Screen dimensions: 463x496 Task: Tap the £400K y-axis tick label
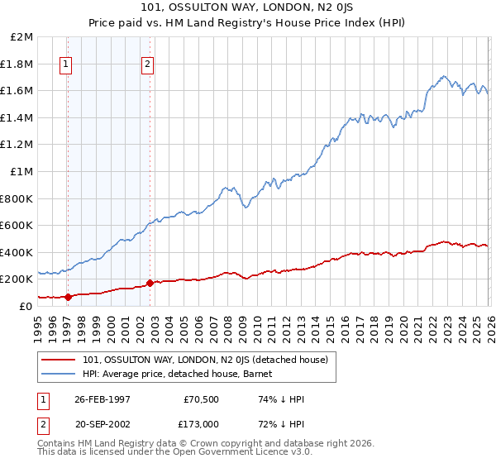[x=17, y=252]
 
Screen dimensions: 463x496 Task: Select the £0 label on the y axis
[x=26, y=306]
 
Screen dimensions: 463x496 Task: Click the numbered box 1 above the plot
[x=66, y=64]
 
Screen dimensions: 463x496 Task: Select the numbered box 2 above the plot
[x=147, y=64]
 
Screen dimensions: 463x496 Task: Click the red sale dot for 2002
[x=150, y=283]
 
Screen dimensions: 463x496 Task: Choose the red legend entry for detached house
[x=206, y=360]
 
